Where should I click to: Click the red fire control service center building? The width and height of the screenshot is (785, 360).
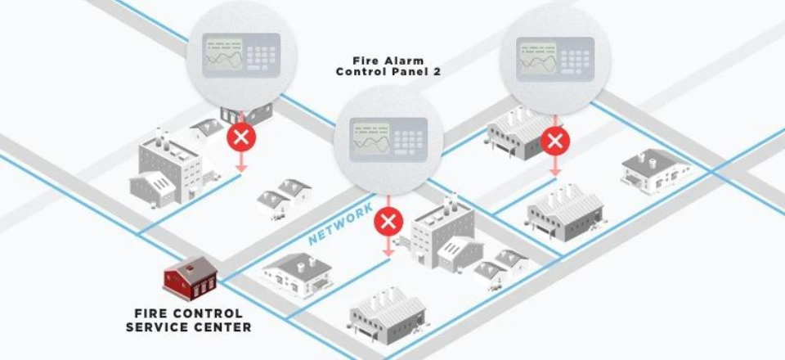point(190,278)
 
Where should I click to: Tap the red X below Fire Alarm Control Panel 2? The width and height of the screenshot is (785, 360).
point(389,220)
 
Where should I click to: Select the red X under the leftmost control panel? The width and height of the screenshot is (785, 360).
point(240,136)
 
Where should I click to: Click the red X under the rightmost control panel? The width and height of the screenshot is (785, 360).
point(555,141)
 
